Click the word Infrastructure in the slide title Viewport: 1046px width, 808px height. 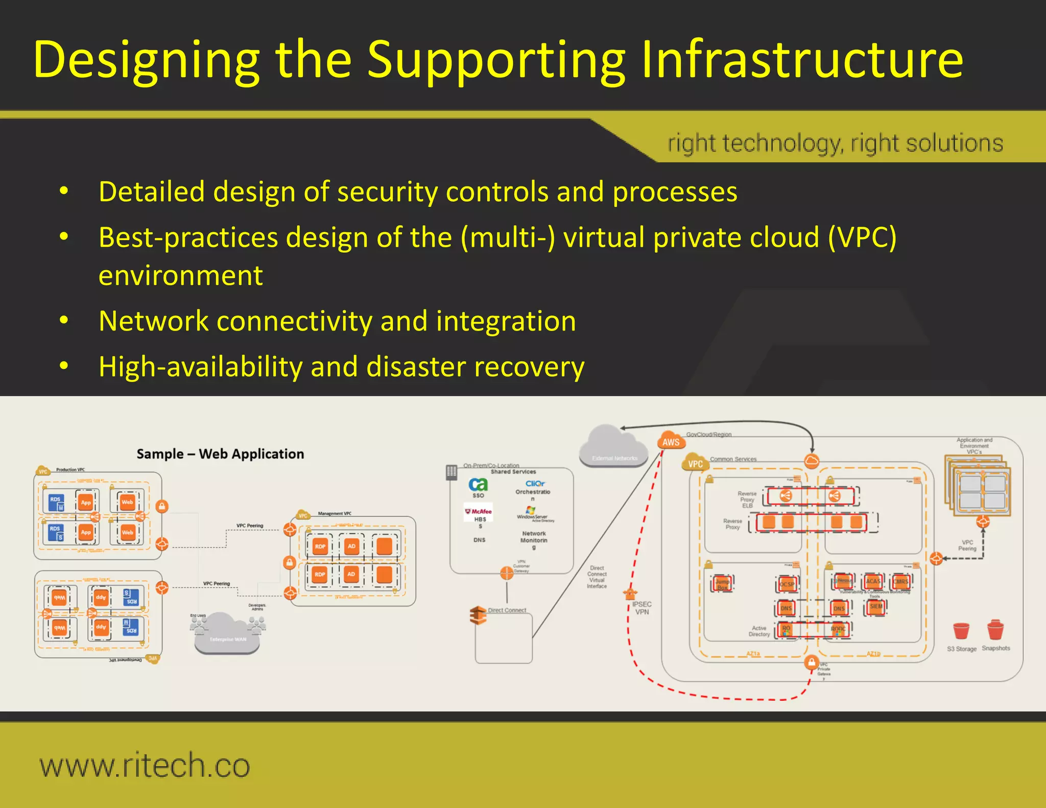pos(802,60)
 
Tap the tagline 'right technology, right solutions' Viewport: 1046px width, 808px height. pos(835,143)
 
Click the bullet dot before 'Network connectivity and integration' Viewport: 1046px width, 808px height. pos(64,320)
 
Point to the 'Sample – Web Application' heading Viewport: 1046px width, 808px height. pos(220,454)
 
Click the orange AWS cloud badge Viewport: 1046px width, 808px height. pos(671,441)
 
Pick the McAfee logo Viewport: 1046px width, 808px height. pos(479,511)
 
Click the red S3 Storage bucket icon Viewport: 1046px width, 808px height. pos(961,631)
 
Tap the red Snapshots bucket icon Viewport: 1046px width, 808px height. pos(995,630)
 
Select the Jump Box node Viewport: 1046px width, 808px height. pos(722,583)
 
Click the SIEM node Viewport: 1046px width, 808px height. pos(876,607)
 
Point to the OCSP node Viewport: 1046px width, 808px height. pos(787,584)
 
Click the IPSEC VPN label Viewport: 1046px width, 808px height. pos(641,608)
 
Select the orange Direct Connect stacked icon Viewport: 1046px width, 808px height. pos(478,615)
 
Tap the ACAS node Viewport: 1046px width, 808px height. pos(873,581)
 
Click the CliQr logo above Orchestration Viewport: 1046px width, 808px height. pos(535,483)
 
